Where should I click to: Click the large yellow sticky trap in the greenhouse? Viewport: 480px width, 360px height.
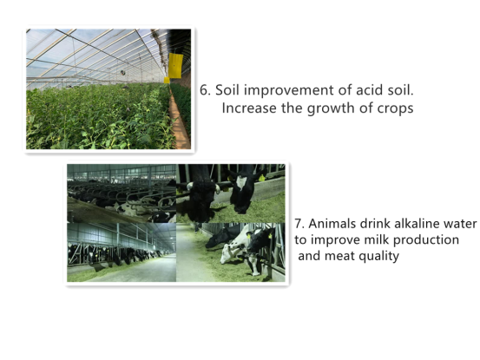point(175,65)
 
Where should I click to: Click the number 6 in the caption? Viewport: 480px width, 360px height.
point(203,90)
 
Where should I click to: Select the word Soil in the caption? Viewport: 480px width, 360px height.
point(227,90)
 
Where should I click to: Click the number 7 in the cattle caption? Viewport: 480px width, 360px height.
point(299,224)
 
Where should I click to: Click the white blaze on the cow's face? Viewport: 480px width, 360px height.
point(241,181)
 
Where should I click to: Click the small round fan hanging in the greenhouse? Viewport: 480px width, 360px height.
point(123,73)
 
